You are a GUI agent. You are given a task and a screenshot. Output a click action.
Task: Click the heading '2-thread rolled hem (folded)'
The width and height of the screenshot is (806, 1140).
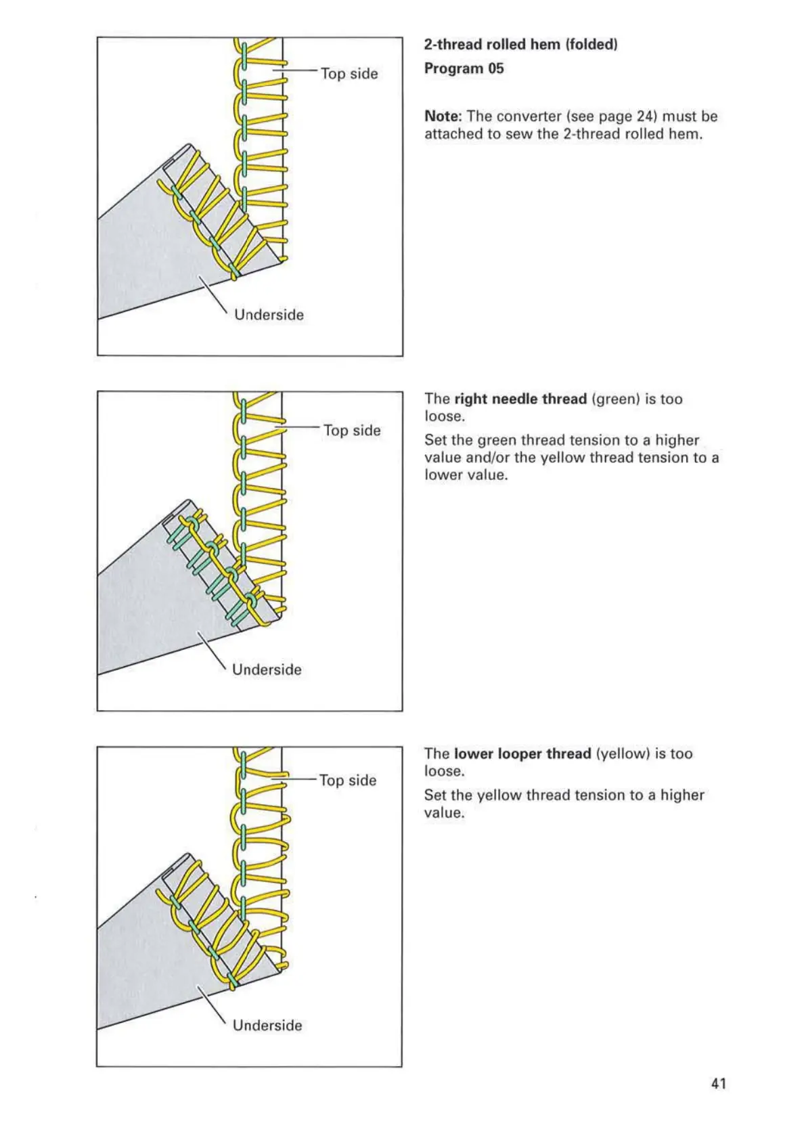click(520, 45)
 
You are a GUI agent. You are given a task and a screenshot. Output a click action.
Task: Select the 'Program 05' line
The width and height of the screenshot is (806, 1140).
click(464, 68)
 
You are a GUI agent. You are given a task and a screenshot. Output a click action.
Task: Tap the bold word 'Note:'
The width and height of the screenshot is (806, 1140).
click(443, 116)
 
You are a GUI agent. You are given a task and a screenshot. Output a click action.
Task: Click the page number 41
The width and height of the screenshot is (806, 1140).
click(719, 1083)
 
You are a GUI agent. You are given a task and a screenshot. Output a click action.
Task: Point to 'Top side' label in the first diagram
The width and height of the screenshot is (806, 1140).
click(349, 74)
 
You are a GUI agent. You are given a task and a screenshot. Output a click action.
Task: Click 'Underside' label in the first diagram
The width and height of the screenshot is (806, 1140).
click(269, 315)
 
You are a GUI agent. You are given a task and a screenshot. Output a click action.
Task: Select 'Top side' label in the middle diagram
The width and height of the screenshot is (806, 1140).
click(352, 431)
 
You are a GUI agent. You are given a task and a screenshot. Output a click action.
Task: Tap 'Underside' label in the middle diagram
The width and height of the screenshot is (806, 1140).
click(267, 670)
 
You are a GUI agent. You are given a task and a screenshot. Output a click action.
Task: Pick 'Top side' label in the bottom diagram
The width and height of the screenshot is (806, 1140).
click(348, 781)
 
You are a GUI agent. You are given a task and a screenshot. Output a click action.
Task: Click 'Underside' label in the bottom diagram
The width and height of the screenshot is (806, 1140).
click(267, 1026)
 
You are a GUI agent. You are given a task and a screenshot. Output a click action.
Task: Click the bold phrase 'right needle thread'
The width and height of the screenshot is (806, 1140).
click(520, 399)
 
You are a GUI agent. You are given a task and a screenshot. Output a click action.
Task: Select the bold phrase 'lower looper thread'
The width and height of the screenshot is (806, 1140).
click(522, 754)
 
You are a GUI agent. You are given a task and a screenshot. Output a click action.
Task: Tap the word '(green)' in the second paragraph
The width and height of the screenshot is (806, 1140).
click(615, 399)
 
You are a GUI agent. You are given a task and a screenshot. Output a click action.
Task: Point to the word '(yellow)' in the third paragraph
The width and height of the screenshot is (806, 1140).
click(623, 754)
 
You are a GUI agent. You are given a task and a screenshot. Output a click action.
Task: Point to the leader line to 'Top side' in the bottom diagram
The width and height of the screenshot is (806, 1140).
click(295, 780)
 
